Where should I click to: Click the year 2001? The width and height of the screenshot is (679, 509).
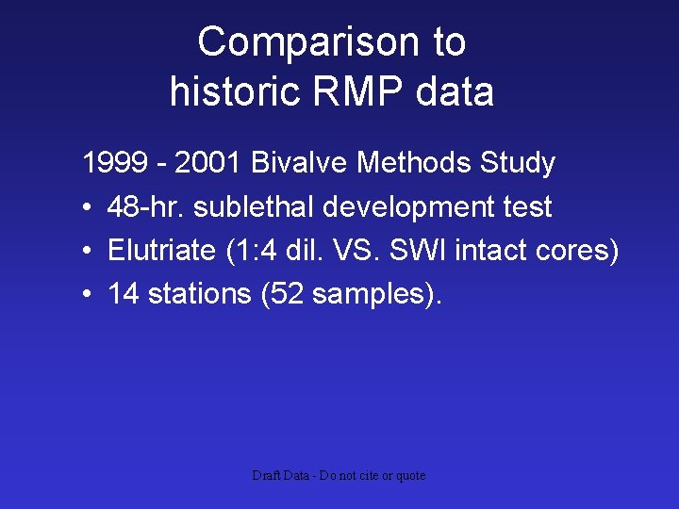[x=206, y=163]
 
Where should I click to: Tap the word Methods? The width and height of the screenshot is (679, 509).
[x=416, y=163]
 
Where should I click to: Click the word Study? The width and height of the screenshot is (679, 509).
[x=518, y=163]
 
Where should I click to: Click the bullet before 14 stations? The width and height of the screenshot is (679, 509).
[x=86, y=295]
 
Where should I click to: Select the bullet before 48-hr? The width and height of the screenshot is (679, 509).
[x=86, y=207]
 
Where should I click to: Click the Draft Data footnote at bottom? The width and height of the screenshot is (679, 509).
[x=339, y=476]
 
